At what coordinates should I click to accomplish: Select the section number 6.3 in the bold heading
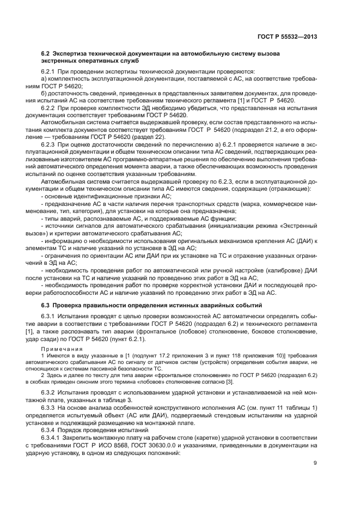[x=46, y=305]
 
